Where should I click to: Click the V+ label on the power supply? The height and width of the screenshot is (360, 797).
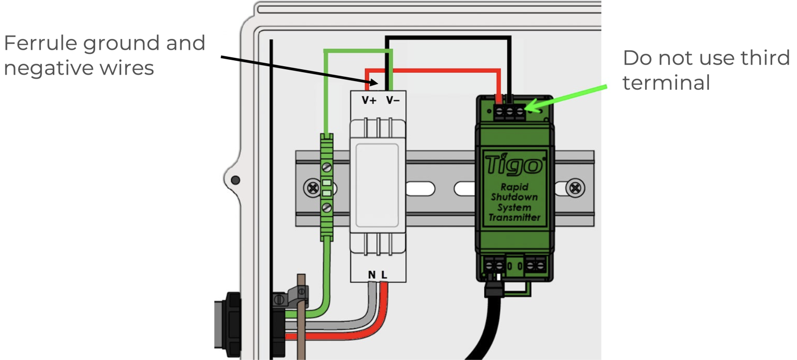[369, 100]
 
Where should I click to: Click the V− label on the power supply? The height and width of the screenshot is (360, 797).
[393, 100]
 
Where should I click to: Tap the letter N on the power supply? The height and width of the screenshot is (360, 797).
[372, 274]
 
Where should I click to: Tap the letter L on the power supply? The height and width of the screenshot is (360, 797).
[384, 274]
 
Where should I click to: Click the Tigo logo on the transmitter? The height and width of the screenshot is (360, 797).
[514, 165]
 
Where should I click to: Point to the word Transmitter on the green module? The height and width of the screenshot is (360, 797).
[514, 218]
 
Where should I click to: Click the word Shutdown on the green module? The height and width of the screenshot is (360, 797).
[514, 197]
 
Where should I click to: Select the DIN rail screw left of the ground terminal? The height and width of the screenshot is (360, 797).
[312, 188]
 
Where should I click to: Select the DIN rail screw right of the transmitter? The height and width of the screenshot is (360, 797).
[575, 188]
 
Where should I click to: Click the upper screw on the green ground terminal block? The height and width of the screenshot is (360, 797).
[327, 167]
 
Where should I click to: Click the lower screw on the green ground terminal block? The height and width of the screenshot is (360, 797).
[327, 208]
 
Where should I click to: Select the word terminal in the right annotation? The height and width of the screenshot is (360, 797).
[666, 83]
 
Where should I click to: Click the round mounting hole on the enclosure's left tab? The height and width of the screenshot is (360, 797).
[235, 180]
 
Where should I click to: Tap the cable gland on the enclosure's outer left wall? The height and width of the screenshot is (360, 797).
[228, 324]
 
